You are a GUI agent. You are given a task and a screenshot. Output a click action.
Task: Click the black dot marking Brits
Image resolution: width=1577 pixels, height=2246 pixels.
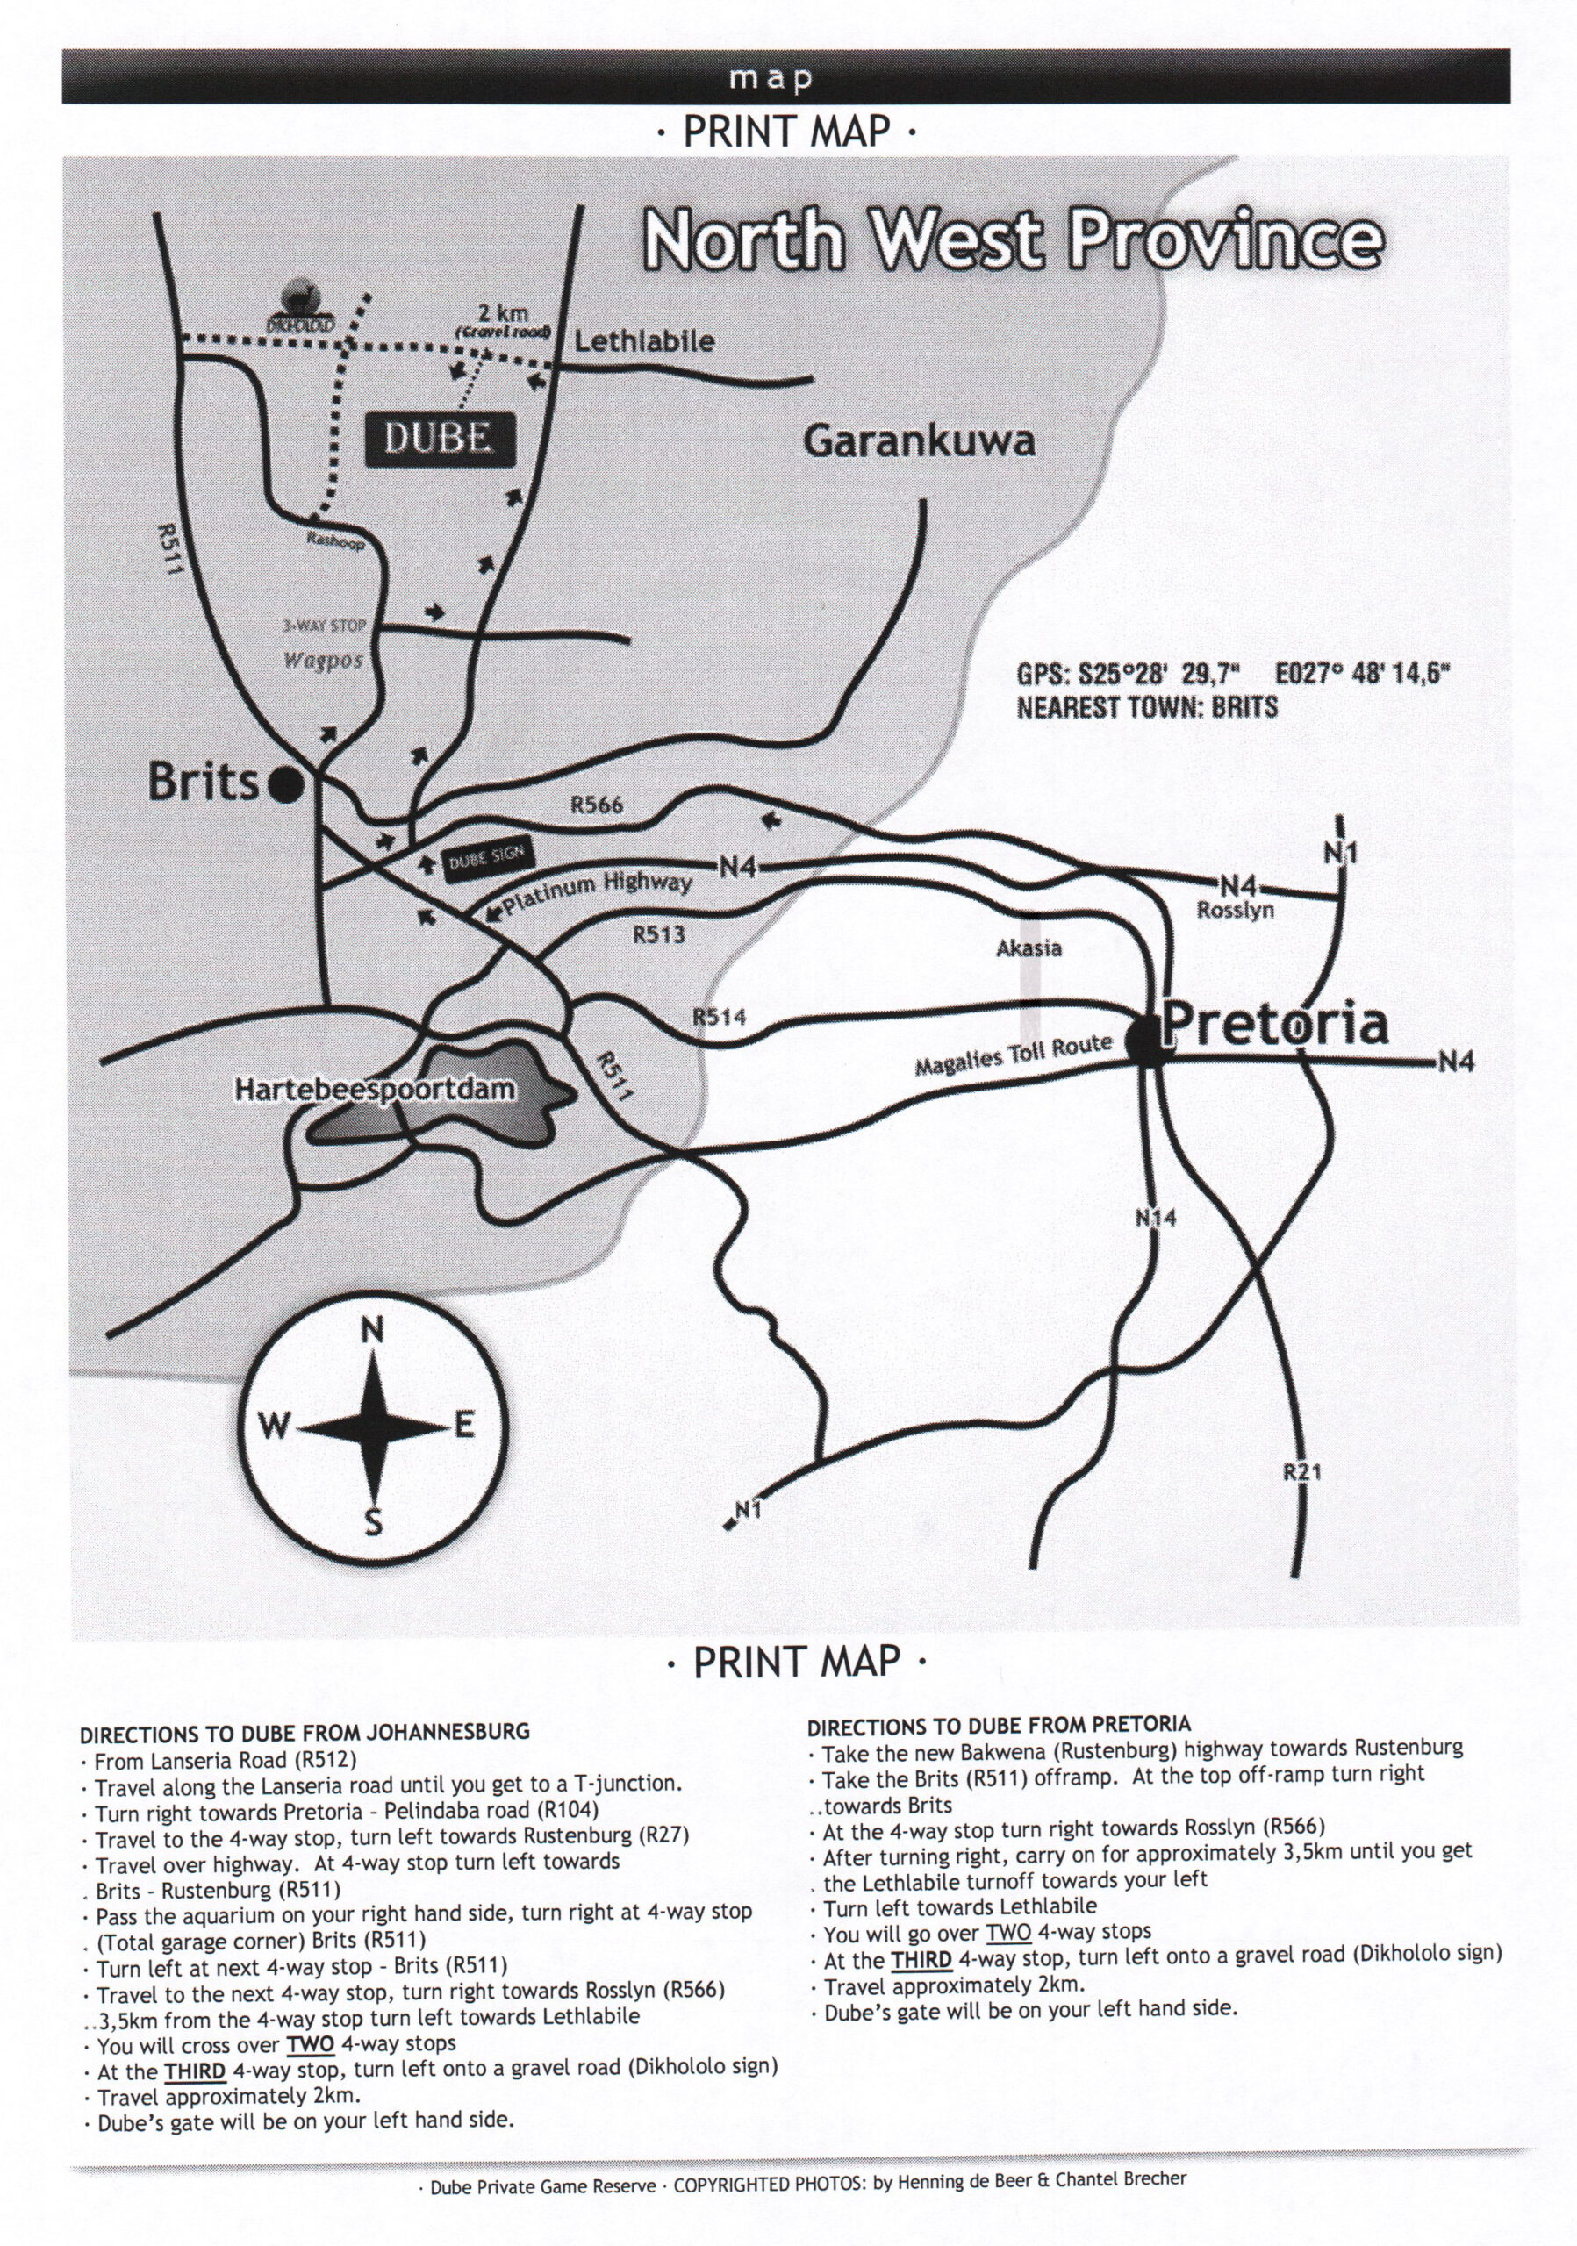click(x=286, y=784)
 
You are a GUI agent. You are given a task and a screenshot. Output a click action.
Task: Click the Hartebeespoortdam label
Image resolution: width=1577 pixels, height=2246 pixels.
click(x=375, y=1089)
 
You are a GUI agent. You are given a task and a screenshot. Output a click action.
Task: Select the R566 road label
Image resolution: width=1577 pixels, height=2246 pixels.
click(x=597, y=806)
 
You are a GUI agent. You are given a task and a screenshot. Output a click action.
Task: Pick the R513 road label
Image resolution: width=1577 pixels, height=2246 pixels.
click(x=658, y=935)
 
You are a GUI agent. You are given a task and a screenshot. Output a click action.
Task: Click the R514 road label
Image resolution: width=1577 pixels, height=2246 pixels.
click(x=719, y=1018)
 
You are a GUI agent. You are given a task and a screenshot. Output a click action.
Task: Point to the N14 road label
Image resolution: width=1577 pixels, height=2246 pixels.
click(x=1156, y=1218)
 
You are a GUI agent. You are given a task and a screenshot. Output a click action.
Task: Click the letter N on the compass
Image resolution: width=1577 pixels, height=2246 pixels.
click(x=373, y=1330)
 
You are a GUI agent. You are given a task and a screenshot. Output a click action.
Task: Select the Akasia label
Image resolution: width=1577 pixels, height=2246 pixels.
click(x=1029, y=948)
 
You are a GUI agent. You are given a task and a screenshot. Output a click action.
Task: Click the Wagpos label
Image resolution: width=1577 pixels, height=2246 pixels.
click(x=324, y=661)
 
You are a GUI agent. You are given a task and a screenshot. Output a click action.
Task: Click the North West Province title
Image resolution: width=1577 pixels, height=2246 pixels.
click(x=1013, y=240)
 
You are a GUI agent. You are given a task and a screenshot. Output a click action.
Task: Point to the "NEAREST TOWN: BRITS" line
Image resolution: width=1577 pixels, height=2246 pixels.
click(x=1148, y=707)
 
